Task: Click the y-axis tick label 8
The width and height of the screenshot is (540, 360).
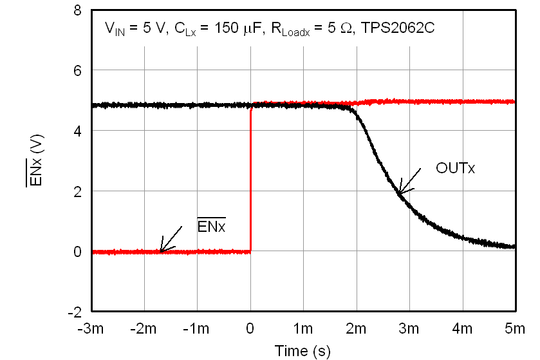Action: (x=77, y=11)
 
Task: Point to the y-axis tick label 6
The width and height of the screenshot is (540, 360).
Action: (x=77, y=71)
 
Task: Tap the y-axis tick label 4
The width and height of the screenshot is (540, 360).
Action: (x=77, y=131)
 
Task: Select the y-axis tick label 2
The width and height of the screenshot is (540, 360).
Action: (x=77, y=191)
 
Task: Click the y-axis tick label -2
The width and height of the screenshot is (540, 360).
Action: (x=75, y=312)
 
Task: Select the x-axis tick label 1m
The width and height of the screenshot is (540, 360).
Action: (x=303, y=329)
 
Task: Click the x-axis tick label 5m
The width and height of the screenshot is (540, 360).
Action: (x=515, y=329)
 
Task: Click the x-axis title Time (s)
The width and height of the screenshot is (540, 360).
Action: (x=303, y=351)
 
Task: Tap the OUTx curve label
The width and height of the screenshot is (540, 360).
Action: (x=455, y=169)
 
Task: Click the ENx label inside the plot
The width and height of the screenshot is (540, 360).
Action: (x=211, y=227)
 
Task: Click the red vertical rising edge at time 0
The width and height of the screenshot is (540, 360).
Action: (x=250, y=180)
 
